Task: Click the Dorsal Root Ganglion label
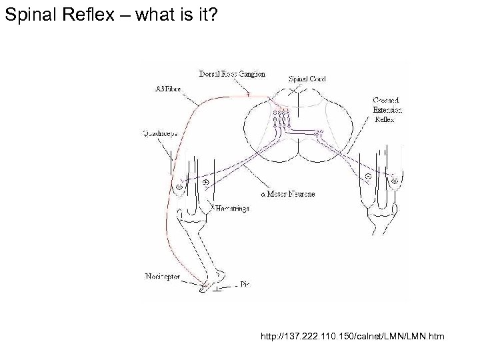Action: click(232, 74)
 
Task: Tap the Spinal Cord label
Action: click(307, 79)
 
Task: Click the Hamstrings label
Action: click(233, 209)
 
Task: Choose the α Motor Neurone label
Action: click(287, 194)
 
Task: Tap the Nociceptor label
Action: click(162, 276)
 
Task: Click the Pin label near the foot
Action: click(244, 285)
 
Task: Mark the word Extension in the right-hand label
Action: click(387, 110)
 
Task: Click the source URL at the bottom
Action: click(353, 338)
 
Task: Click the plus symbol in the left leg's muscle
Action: click(205, 181)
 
